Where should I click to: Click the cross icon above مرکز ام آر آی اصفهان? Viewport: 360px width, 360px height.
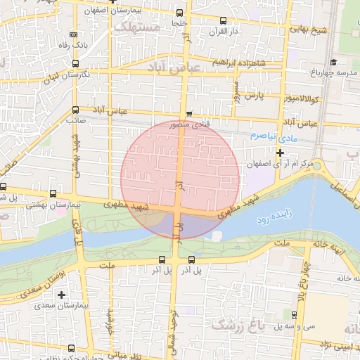coord(280,153)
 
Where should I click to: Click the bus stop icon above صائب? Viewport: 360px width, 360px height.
coord(75,110)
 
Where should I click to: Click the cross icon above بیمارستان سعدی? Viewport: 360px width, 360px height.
coord(62,295)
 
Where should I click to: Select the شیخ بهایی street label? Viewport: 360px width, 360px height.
coord(311,30)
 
